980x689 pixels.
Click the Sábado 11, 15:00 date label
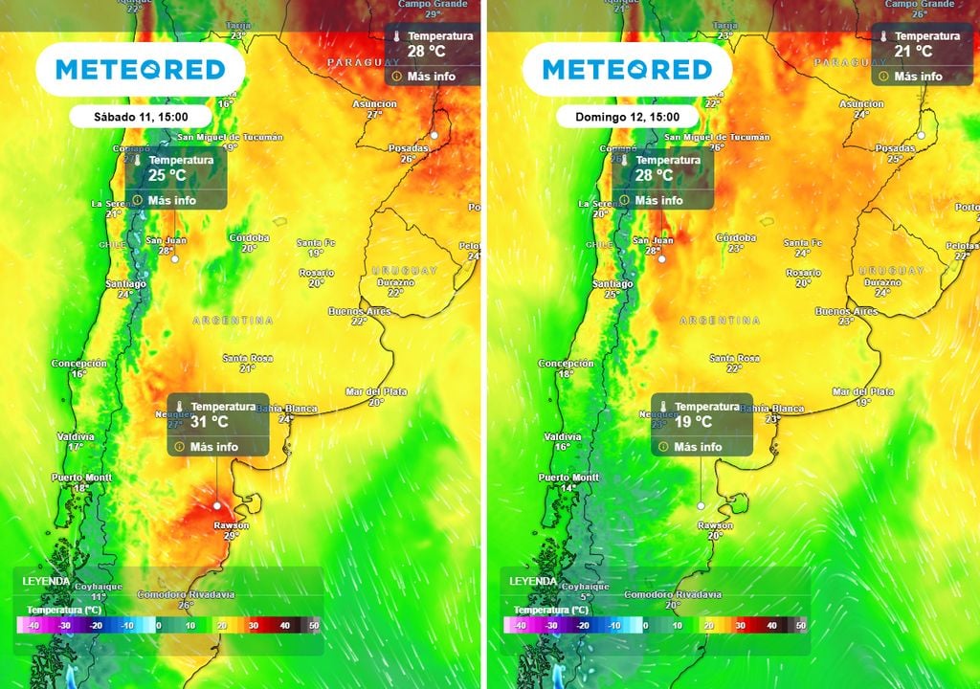point(140,116)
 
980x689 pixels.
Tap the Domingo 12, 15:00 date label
point(627,116)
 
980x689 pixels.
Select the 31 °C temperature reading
point(209,421)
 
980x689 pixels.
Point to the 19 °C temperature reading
point(694,421)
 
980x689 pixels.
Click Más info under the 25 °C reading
point(172,200)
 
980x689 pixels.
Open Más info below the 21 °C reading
point(919,76)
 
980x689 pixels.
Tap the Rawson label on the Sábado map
point(231,525)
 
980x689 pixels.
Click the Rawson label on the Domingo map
point(715,525)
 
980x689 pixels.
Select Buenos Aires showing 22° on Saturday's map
point(360,312)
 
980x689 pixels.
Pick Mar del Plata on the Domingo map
point(863,391)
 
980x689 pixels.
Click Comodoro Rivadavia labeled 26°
point(186,594)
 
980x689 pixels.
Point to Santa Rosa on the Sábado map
point(248,358)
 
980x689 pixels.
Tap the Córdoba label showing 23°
point(736,237)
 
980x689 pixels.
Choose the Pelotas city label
point(962,246)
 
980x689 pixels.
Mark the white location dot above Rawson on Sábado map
point(217,504)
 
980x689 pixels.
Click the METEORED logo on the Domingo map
point(627,69)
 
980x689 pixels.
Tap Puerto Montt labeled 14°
point(568,478)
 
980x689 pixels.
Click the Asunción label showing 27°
point(375,103)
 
